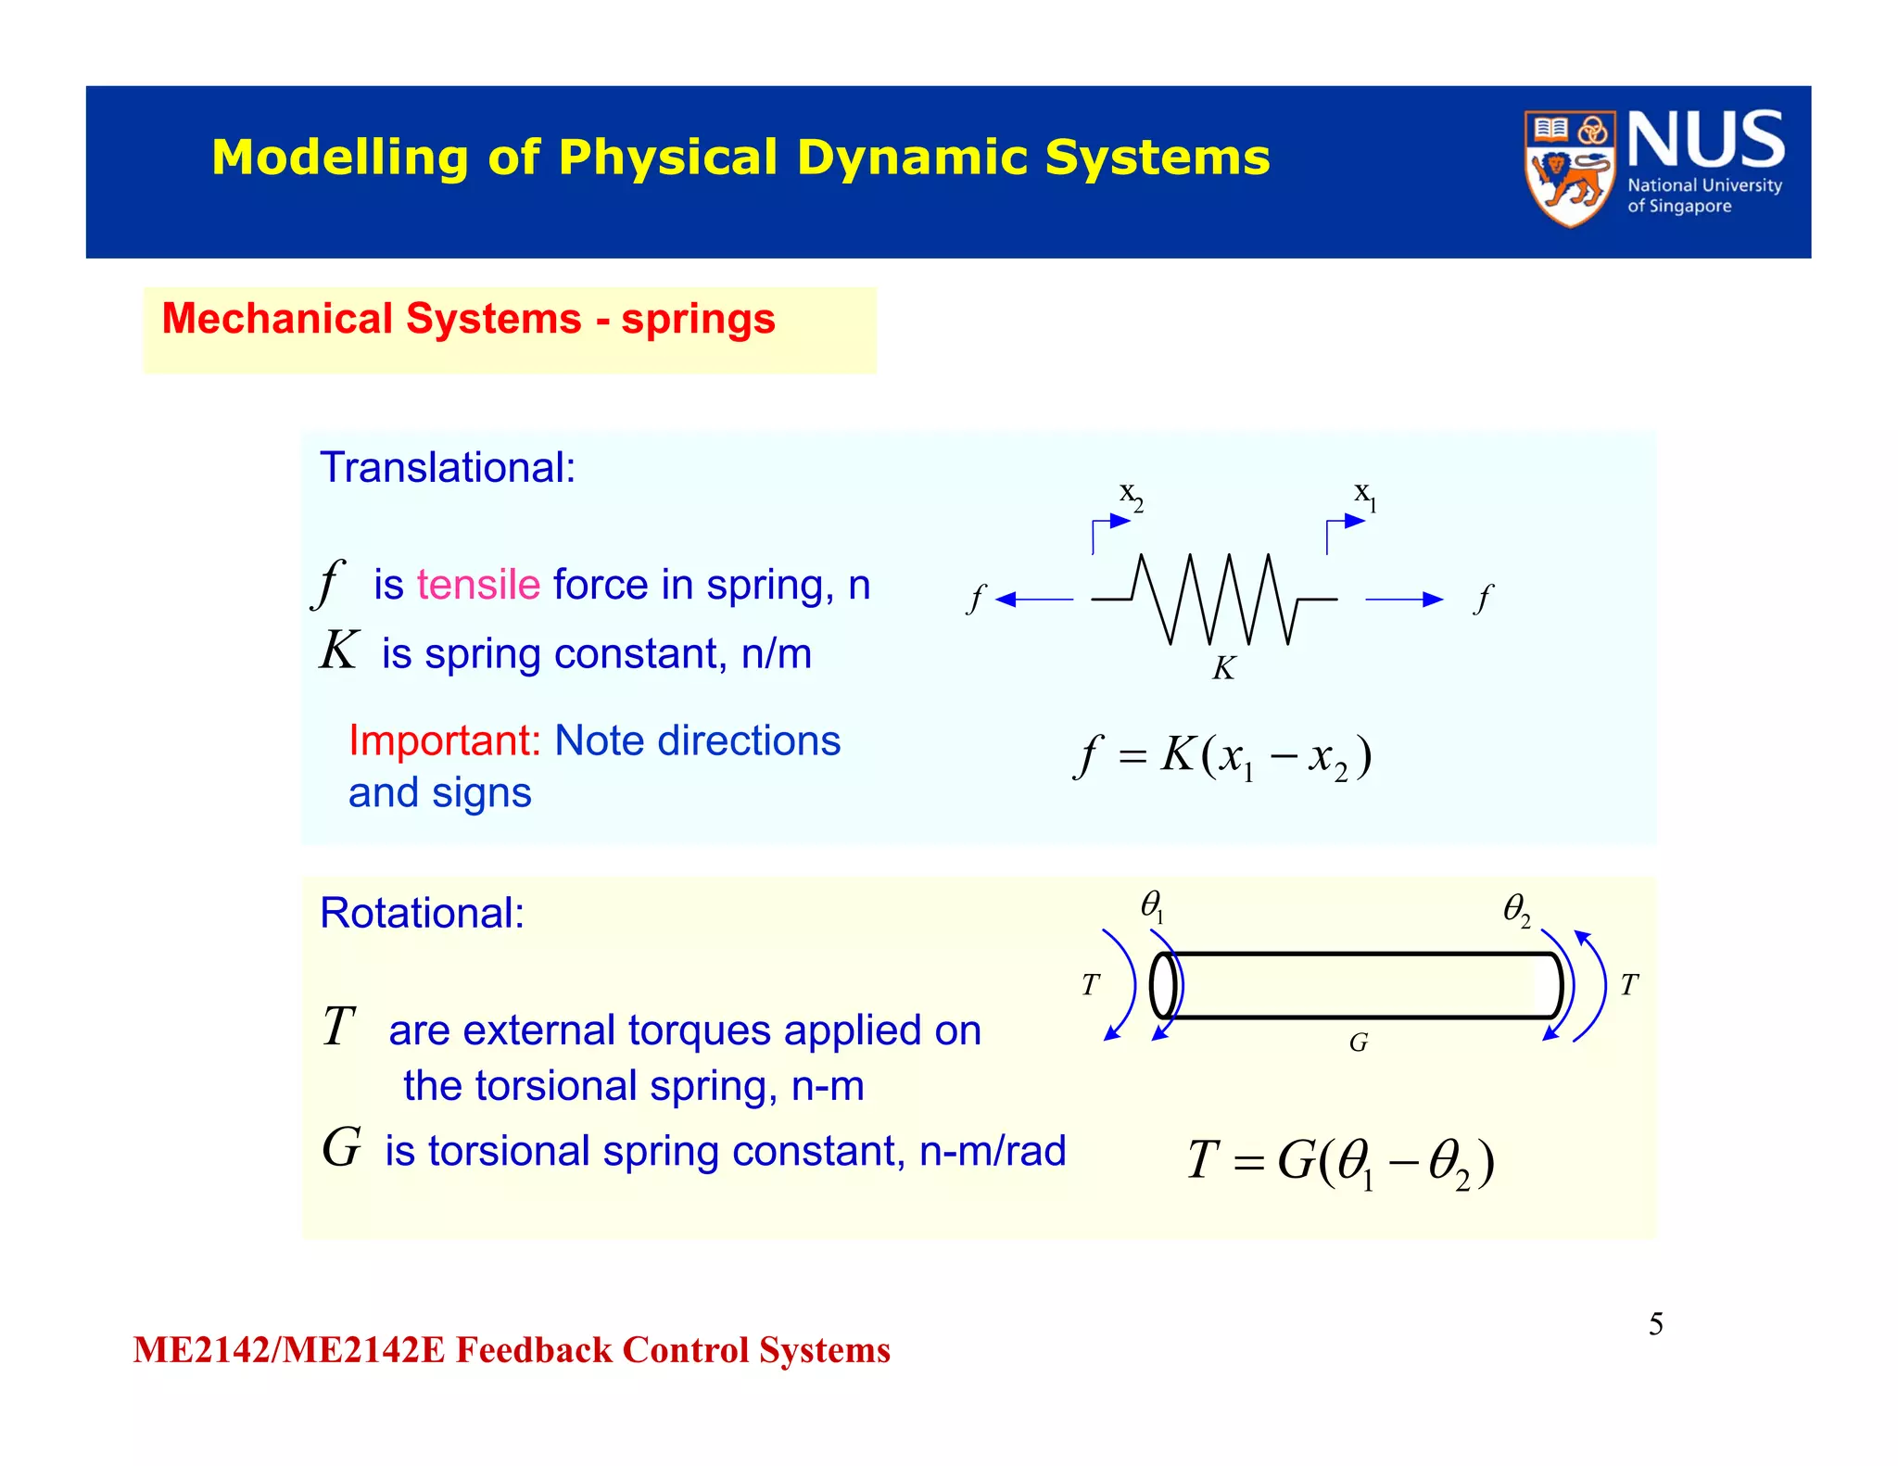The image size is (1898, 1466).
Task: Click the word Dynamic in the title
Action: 912,158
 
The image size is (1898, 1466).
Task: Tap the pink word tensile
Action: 478,586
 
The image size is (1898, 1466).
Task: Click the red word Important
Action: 444,741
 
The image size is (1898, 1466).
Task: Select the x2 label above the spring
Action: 1131,496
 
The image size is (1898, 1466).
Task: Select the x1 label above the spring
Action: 1365,496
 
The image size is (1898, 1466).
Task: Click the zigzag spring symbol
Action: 1214,600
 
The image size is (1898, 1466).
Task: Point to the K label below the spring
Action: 1223,668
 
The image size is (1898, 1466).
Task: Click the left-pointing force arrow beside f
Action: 1033,600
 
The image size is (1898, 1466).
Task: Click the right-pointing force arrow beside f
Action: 1404,600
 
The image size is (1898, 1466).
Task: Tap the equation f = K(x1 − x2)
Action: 1221,757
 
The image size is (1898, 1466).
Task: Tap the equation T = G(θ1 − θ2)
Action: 1340,1162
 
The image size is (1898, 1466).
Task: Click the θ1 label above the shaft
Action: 1152,905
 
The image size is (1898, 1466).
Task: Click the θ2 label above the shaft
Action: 1516,909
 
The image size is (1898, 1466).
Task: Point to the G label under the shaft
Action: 1358,1043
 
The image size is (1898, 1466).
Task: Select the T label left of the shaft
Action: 1091,985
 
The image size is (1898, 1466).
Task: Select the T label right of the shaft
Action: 1629,985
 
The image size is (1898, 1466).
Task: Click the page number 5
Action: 1655,1324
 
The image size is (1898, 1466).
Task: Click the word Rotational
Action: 422,914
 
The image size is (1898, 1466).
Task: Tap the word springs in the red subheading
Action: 697,320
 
